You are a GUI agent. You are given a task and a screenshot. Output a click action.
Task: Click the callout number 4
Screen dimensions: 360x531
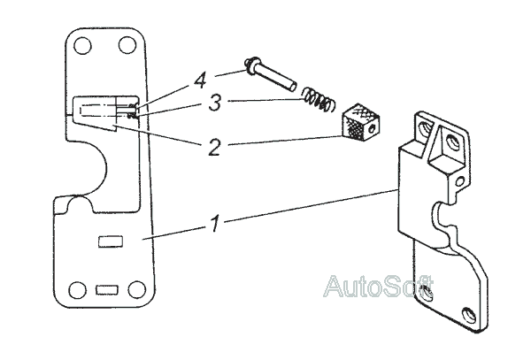[x=201, y=81]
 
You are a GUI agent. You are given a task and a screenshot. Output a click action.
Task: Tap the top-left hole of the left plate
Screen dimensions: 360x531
[x=83, y=44]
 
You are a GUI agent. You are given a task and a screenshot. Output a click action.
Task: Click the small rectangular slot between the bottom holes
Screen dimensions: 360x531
[x=105, y=289]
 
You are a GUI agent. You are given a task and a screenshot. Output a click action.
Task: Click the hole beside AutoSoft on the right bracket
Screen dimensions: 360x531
[x=430, y=292]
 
